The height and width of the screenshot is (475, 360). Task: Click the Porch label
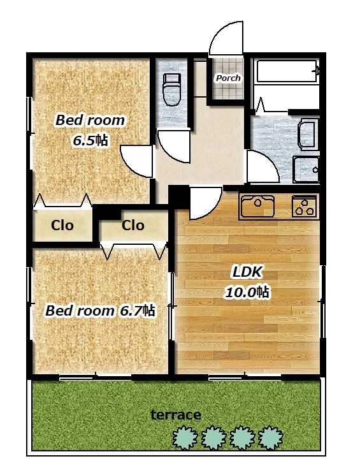click(228, 78)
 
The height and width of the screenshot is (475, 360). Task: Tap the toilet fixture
click(171, 90)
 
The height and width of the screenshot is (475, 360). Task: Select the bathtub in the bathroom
click(287, 71)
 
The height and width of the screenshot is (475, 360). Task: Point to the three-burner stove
click(305, 206)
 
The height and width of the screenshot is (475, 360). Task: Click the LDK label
click(247, 272)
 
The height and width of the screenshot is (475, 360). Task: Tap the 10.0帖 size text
click(247, 292)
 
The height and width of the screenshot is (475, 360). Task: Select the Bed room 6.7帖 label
click(100, 311)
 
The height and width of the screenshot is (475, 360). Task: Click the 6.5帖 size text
click(90, 140)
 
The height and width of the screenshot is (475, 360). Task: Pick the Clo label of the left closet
click(62, 225)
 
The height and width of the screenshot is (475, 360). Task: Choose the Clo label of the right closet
click(133, 225)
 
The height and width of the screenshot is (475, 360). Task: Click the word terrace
click(176, 414)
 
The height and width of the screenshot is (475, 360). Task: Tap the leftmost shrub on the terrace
click(185, 437)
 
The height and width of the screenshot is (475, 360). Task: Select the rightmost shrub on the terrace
click(271, 437)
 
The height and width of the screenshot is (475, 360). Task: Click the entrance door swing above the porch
click(226, 38)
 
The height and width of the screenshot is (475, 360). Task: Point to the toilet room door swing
click(174, 146)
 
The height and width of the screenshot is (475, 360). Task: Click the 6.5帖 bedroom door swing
click(136, 161)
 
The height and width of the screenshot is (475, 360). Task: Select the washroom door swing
click(263, 166)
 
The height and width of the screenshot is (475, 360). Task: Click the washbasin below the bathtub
click(308, 135)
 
